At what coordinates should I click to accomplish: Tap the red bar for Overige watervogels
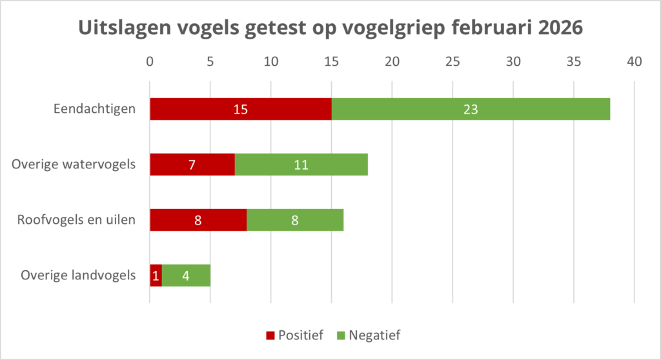point(192,165)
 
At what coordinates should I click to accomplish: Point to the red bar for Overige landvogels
point(156,275)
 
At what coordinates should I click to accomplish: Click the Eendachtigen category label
point(95,109)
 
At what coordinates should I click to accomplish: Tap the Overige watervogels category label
point(74,165)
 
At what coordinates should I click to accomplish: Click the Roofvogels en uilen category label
point(76,220)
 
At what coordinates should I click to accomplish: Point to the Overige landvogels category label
point(78,275)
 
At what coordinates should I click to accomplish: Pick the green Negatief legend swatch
point(341,335)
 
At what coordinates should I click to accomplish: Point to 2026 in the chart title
point(555,28)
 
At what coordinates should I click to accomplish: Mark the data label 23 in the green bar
point(470,109)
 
